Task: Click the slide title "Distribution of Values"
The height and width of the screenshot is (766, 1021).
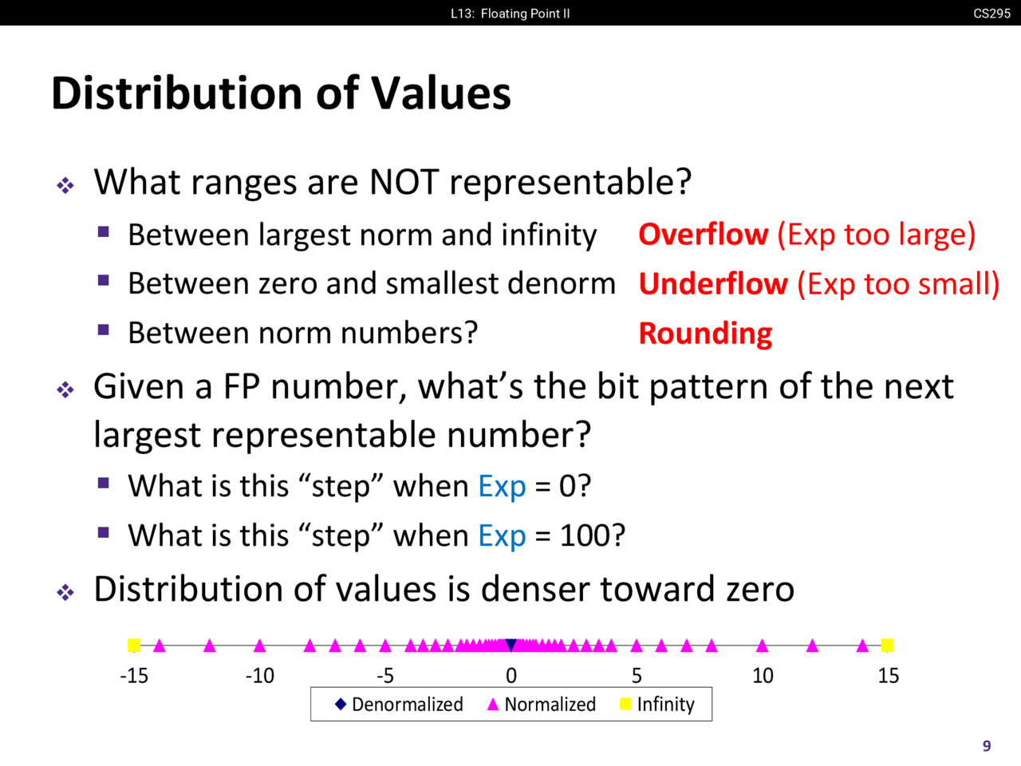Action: (x=281, y=93)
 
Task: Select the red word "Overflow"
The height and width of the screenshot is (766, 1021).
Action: (x=704, y=234)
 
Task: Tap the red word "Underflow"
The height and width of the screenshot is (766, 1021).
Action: (x=714, y=283)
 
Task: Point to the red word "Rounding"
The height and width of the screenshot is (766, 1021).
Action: (x=706, y=334)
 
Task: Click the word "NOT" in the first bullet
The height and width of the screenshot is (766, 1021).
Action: (x=404, y=181)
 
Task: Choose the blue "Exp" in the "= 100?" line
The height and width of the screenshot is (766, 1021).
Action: (x=502, y=536)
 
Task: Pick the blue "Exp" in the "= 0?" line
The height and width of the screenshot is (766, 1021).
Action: (x=502, y=487)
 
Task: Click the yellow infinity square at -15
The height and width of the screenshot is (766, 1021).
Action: (x=134, y=645)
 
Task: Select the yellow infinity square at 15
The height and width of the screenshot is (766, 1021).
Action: (x=887, y=645)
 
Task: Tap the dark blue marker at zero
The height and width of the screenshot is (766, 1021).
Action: (x=510, y=645)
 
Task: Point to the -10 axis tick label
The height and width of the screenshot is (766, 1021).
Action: (x=260, y=675)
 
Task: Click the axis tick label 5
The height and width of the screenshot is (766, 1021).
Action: (x=637, y=675)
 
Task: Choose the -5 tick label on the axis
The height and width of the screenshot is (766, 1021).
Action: (x=385, y=675)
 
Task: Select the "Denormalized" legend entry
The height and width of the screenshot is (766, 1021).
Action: (x=399, y=704)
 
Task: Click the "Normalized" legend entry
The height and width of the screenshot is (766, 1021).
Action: (x=541, y=704)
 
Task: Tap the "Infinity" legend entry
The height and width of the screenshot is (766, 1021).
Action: (x=657, y=704)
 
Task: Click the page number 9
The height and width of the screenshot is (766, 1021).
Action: (x=987, y=746)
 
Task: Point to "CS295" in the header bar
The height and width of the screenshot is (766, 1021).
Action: (x=991, y=13)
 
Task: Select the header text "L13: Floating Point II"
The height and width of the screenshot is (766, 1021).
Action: (x=510, y=14)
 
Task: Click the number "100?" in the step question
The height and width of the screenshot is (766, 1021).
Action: (x=593, y=535)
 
